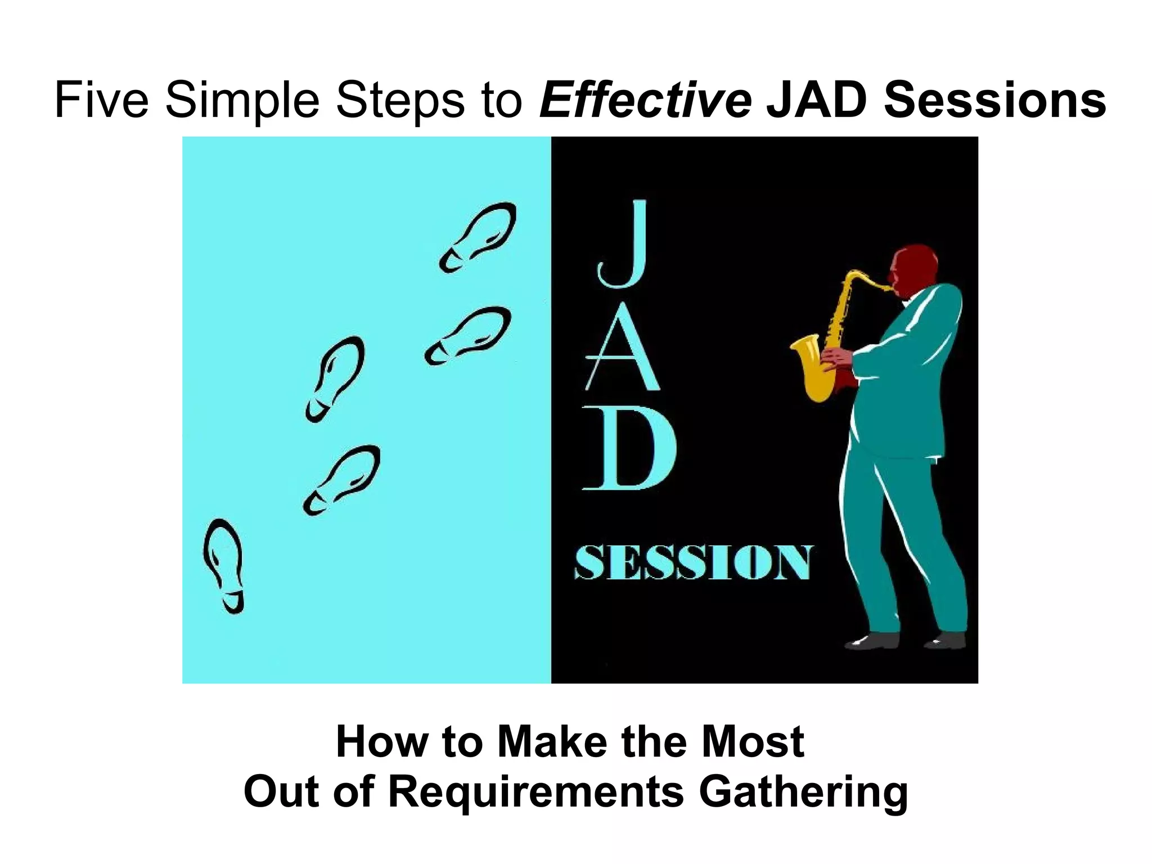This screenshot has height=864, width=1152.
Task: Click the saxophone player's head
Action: pos(915,271)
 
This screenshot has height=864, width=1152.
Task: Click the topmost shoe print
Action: pos(478,236)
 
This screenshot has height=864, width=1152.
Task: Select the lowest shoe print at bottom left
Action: pos(224,565)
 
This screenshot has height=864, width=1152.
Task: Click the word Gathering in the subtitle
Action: pos(803,791)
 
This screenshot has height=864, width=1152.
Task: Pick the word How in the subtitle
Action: pos(382,742)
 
